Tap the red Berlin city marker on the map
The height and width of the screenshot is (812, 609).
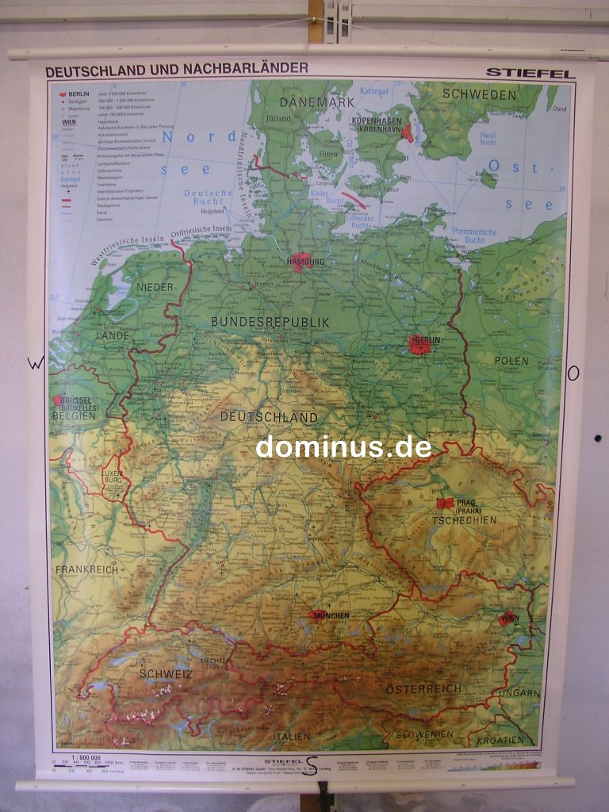click(419, 345)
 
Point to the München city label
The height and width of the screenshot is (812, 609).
click(331, 615)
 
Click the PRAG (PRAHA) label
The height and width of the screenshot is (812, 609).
click(474, 506)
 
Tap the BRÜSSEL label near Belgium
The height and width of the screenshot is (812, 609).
click(76, 402)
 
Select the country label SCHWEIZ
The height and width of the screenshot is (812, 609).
click(166, 674)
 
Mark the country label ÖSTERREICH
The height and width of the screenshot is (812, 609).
click(423, 689)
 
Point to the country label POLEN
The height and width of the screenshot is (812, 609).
click(511, 361)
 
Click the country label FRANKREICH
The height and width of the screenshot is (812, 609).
click(86, 569)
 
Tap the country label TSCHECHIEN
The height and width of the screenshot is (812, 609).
click(465, 521)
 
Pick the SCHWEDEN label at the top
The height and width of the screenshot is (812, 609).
click(479, 94)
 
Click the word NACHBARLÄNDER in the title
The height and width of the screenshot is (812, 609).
click(246, 69)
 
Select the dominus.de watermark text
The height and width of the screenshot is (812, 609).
click(343, 447)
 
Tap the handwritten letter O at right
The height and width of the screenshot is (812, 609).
click(573, 373)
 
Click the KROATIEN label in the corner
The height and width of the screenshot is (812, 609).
click(511, 740)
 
